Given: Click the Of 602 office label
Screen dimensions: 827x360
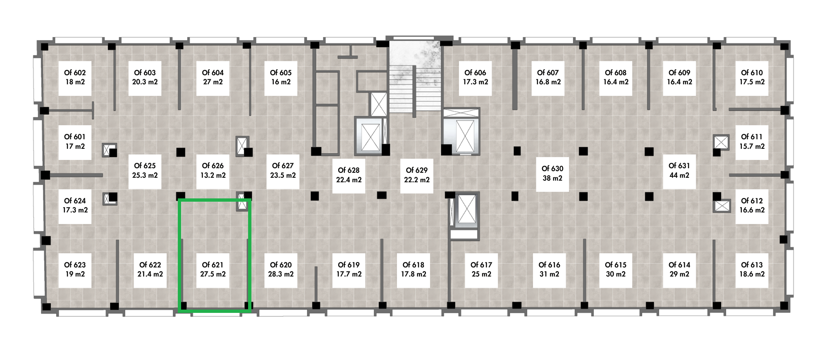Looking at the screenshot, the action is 75,77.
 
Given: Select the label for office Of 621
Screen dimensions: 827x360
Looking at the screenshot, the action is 213,269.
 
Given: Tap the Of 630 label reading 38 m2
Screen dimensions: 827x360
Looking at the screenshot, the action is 552,173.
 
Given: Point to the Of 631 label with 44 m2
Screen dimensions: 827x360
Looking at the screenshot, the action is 679,170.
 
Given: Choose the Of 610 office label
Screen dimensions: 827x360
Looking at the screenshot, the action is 752,77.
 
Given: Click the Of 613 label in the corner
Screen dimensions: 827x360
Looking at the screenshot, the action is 752,269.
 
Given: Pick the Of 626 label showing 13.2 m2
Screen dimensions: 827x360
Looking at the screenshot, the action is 213,170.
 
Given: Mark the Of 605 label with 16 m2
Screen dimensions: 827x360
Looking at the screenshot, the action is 281,77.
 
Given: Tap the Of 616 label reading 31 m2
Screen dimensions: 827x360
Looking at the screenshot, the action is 549,269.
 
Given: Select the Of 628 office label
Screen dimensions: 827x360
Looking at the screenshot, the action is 349,175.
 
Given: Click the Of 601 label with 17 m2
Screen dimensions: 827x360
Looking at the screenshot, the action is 75,141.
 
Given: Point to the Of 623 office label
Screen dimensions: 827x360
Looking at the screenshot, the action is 75,269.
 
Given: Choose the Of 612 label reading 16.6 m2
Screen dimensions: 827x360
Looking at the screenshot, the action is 752,205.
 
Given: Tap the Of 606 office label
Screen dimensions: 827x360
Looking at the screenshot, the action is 476,77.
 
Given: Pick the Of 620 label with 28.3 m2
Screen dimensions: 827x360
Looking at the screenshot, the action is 281,269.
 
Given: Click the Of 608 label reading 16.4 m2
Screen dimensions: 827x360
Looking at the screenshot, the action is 616,77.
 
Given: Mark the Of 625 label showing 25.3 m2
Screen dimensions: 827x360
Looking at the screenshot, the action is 144,170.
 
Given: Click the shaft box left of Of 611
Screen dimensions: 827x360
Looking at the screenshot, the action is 721,142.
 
